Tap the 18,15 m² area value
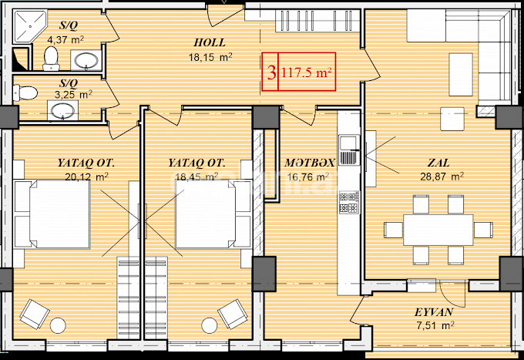pyautogui.click(x=211, y=56)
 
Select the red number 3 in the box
pyautogui.click(x=270, y=73)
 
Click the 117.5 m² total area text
pyautogui.click(x=306, y=73)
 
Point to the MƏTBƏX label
pyautogui.click(x=308, y=163)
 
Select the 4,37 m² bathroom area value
pyautogui.click(x=65, y=39)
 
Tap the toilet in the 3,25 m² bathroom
pyautogui.click(x=27, y=93)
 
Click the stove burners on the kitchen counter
pyautogui.click(x=347, y=203)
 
